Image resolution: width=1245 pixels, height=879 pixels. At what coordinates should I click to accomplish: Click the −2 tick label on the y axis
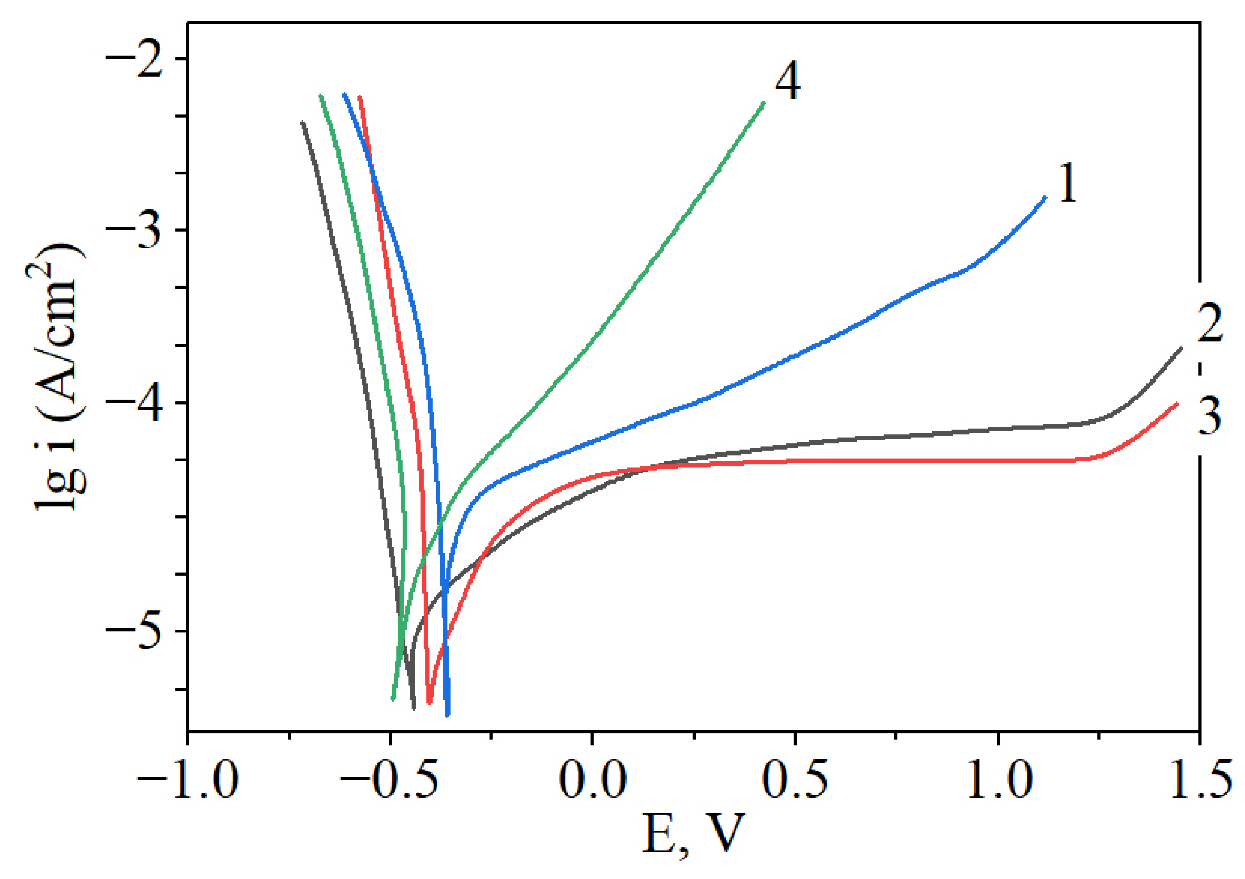pos(135,59)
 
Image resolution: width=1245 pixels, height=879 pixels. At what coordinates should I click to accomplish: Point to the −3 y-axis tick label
pos(135,231)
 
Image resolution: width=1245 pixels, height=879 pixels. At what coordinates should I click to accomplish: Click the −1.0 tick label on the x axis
pos(188,782)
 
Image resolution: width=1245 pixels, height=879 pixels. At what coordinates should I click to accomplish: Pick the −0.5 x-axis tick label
pos(389,782)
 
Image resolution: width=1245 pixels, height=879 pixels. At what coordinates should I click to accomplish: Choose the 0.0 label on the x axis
pos(593,782)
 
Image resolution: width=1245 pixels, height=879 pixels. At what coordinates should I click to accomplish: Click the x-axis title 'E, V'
pos(692,836)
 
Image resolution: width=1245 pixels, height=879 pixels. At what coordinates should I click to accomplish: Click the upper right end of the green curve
pos(764,103)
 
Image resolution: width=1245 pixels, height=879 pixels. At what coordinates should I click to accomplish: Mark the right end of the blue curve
pos(1045,197)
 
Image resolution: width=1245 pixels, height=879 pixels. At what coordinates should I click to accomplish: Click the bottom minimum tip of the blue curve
pos(447,715)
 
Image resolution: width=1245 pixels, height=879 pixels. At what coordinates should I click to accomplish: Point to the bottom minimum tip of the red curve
pos(429,702)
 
